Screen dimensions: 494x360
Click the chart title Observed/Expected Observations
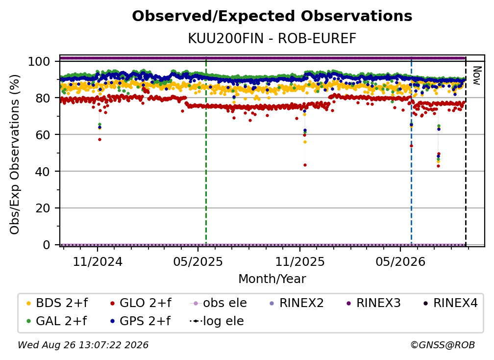coord(272,16)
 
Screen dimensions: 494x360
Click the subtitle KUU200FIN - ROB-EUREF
coord(272,38)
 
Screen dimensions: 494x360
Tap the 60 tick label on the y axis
coord(43,134)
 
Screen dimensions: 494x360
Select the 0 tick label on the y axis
coord(47,245)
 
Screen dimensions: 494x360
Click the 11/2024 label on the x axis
coord(98,261)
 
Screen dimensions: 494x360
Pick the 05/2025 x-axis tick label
coord(198,261)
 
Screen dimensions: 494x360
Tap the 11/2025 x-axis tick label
coord(300,261)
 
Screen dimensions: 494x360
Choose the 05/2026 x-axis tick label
coord(400,261)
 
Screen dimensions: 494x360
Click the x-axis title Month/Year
coord(272,279)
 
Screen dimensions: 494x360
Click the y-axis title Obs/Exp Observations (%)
coord(15,154)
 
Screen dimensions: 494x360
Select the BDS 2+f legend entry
coord(57,303)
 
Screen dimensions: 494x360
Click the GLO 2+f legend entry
coord(141,303)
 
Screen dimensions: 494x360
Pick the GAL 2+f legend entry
coord(56,321)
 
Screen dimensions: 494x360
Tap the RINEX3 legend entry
coord(373,303)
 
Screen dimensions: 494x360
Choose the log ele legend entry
coord(217,321)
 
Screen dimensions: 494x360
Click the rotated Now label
coord(477,76)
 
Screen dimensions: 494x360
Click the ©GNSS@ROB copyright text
coord(443,345)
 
